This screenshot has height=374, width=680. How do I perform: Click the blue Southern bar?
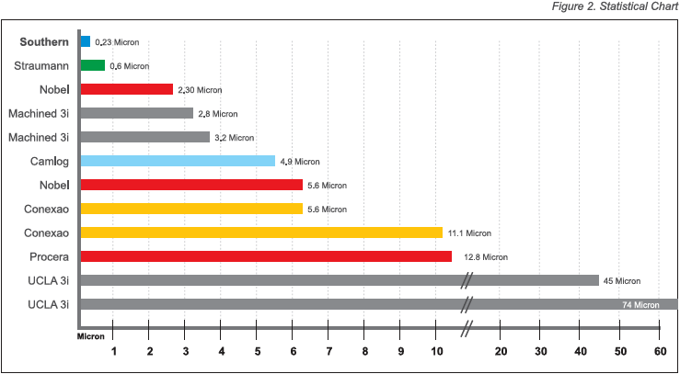click(85, 41)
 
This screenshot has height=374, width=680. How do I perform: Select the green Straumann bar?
click(92, 65)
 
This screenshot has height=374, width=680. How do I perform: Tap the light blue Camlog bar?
click(177, 161)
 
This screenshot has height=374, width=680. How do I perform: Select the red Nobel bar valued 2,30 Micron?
click(126, 89)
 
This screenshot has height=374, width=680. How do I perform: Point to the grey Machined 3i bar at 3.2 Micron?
click(144, 137)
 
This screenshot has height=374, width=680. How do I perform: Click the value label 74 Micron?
click(640, 305)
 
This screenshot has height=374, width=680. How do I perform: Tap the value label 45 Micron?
click(622, 281)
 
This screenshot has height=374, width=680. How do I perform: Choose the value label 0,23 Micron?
click(117, 42)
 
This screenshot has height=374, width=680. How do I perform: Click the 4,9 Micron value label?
click(300, 162)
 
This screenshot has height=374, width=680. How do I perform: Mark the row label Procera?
click(48, 256)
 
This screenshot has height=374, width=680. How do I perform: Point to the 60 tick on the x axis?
click(659, 351)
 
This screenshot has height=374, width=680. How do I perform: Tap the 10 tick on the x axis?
click(436, 351)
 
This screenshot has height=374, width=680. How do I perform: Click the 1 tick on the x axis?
click(114, 351)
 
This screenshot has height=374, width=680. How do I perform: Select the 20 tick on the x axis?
click(501, 351)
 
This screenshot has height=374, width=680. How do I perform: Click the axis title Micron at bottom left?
click(90, 337)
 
